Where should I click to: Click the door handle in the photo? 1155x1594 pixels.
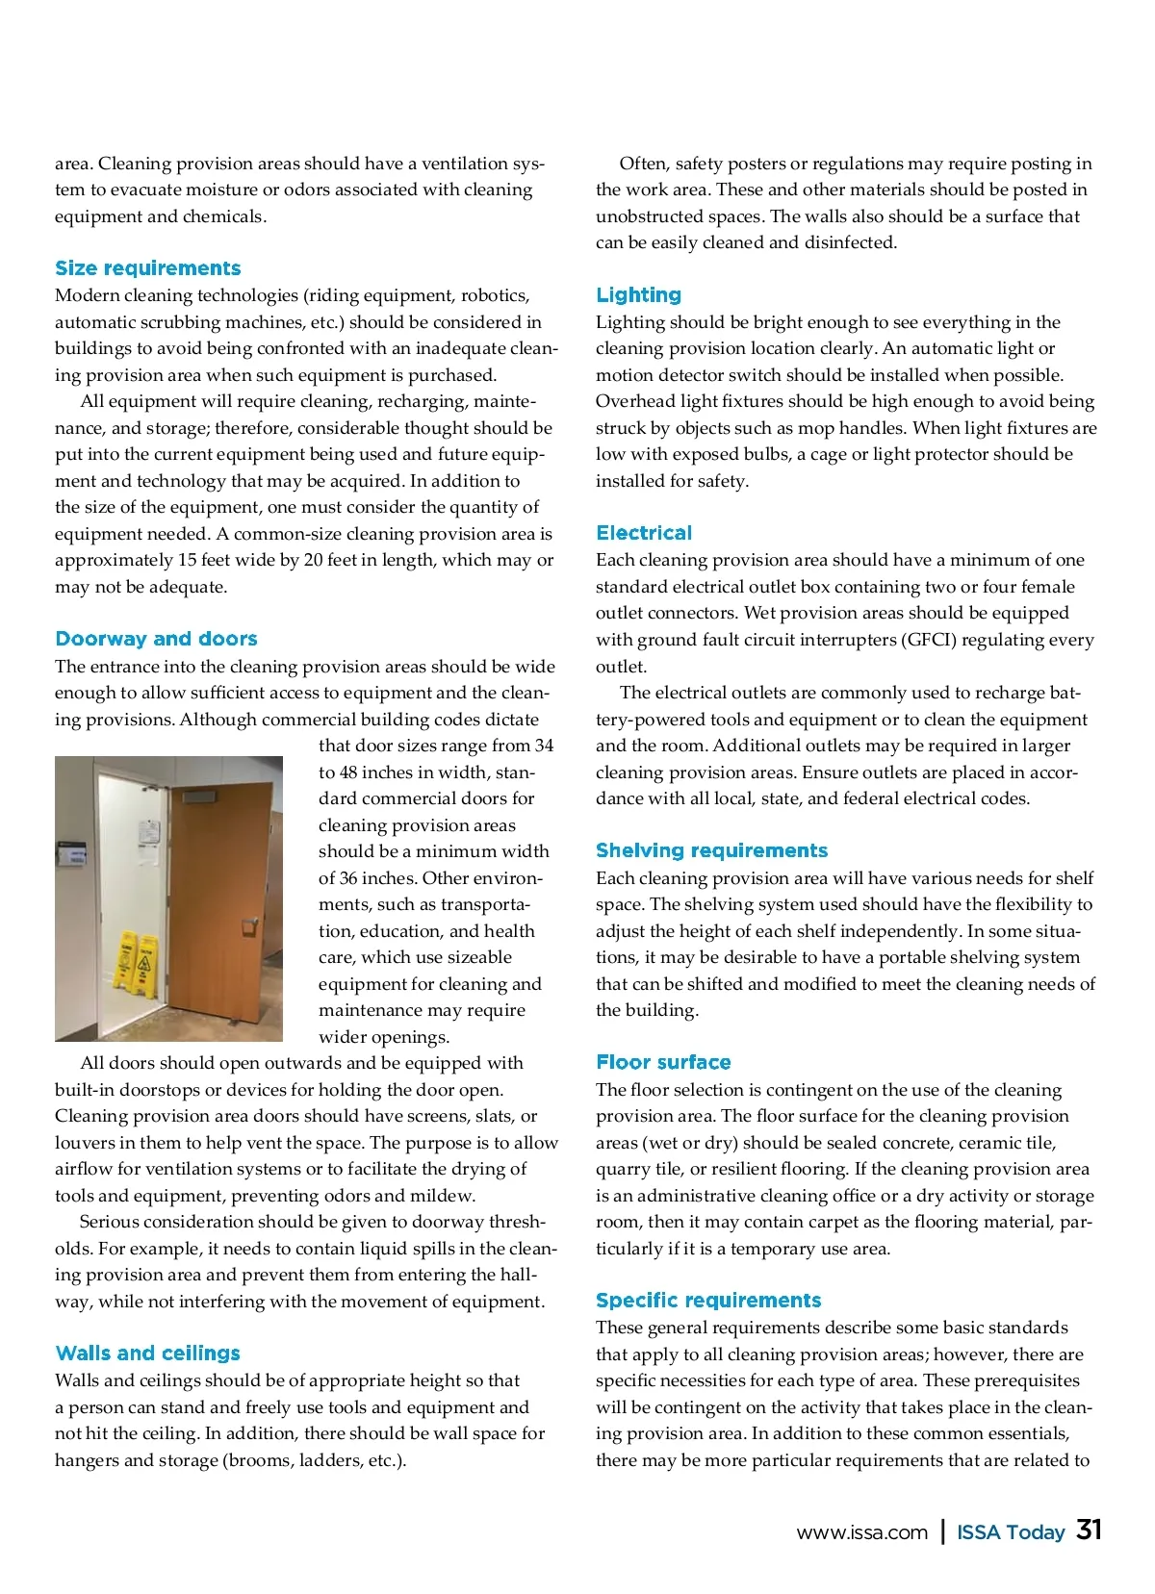(x=249, y=925)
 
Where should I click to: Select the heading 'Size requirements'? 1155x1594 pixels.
(x=148, y=268)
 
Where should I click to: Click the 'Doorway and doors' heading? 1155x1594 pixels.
(x=156, y=639)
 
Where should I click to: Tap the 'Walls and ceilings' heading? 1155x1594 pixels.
(x=148, y=1353)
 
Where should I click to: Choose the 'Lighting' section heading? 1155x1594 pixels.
(x=638, y=295)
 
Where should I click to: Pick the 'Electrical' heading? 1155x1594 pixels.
(x=644, y=533)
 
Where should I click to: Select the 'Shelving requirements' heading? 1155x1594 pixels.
(x=711, y=850)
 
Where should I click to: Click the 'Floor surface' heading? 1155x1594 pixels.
(x=663, y=1062)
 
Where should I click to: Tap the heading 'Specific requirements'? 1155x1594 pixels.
(x=708, y=1301)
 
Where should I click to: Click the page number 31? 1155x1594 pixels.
(x=1089, y=1530)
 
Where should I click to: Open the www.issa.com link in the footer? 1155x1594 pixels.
(x=861, y=1532)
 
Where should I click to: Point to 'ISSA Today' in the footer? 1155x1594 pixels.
(x=1011, y=1532)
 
